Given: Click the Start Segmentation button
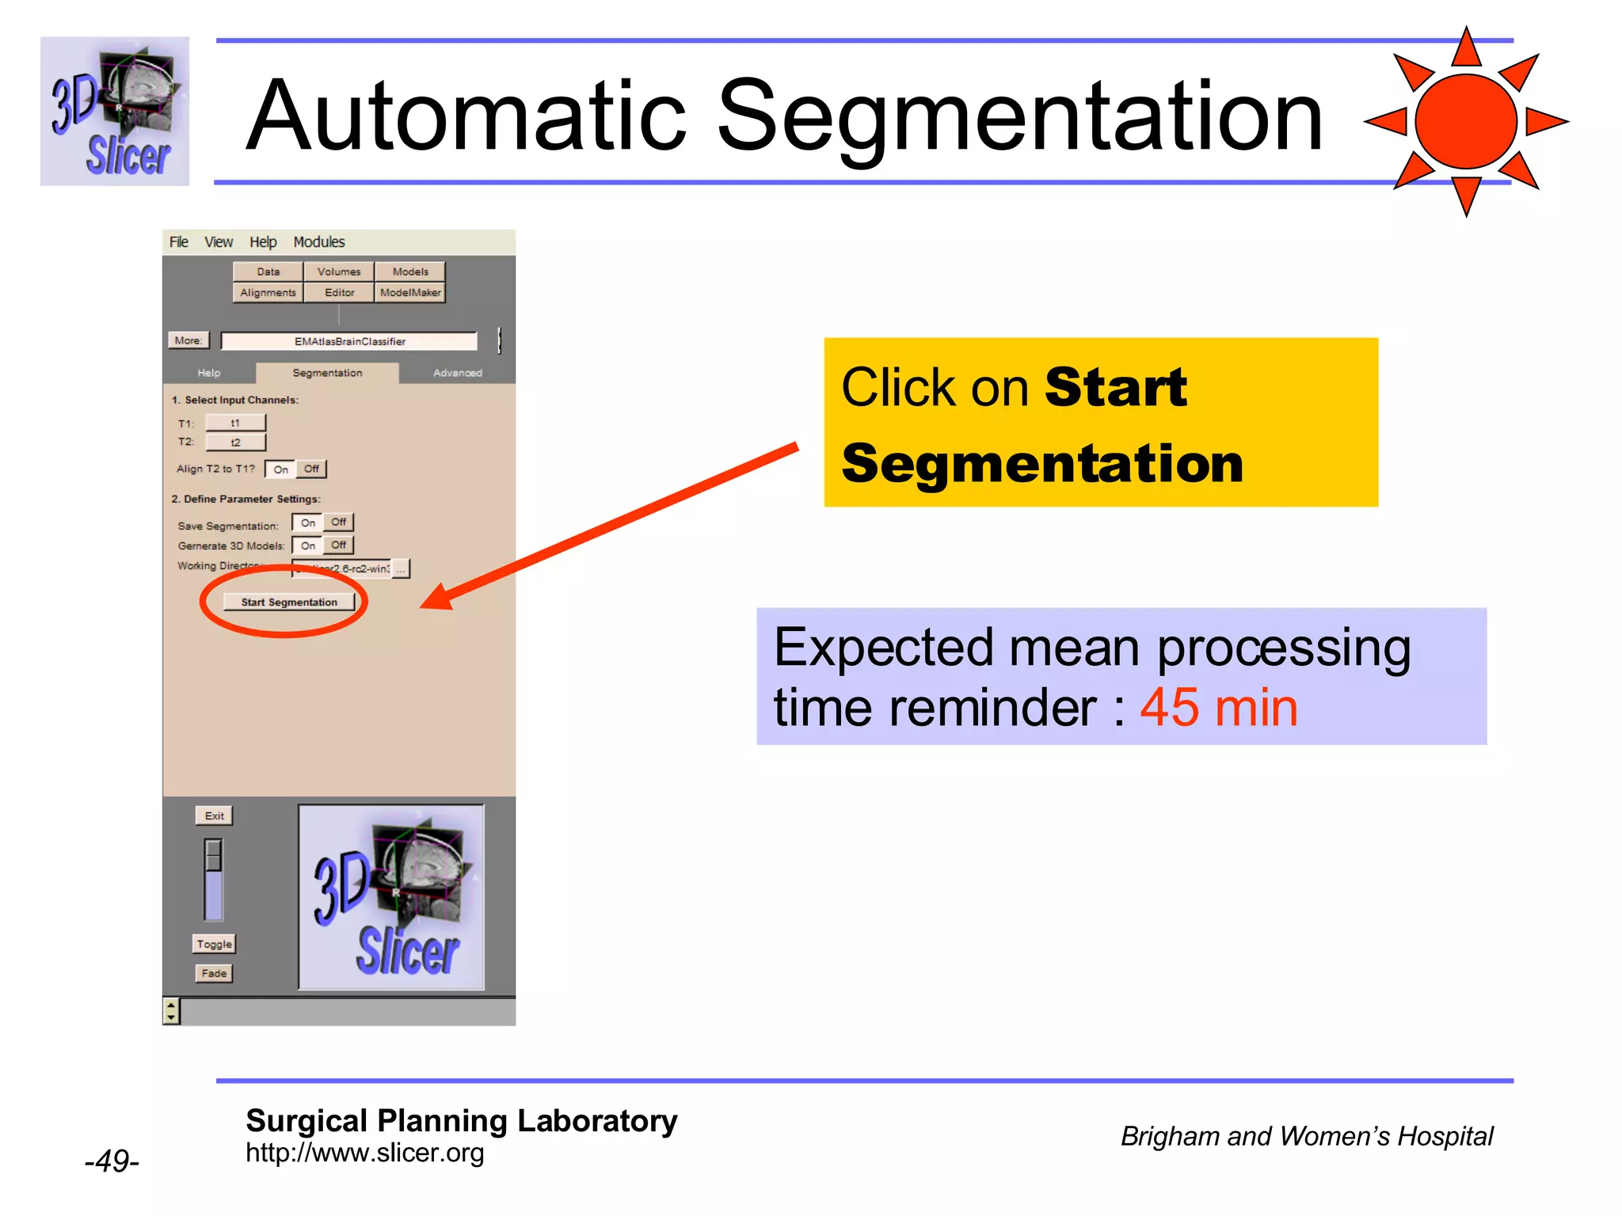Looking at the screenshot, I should (x=289, y=602).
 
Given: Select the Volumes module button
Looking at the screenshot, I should (x=339, y=272).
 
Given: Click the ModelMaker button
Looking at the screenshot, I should (x=410, y=293).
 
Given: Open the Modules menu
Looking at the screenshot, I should (x=319, y=242).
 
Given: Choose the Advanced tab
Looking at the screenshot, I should (x=457, y=373).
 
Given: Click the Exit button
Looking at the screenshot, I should (x=214, y=816).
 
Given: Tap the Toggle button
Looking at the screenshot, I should (x=215, y=944).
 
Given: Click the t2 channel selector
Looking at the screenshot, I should (x=235, y=443).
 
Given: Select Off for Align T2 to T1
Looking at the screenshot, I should (x=311, y=469).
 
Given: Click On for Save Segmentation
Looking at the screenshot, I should (x=308, y=522).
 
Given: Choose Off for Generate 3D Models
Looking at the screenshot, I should (x=339, y=545).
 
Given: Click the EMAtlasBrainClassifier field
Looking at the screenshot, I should (x=349, y=341).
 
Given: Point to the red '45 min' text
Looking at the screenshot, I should (x=1218, y=707).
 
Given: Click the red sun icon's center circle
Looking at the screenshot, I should (x=1466, y=121).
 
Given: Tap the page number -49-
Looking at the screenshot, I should (x=112, y=1161).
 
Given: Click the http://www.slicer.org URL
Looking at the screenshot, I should (x=364, y=1153).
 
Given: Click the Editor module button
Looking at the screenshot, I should (x=339, y=293).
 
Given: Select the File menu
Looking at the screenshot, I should (x=179, y=242).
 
